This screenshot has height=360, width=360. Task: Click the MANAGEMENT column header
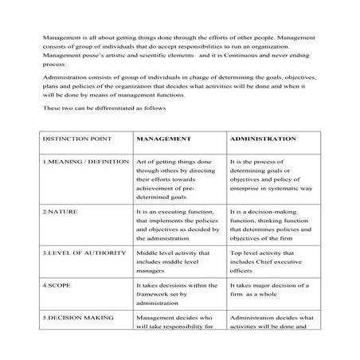point(164,139)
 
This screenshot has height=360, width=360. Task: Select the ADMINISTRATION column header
point(263,139)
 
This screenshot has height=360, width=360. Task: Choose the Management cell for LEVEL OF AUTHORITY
point(174,262)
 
